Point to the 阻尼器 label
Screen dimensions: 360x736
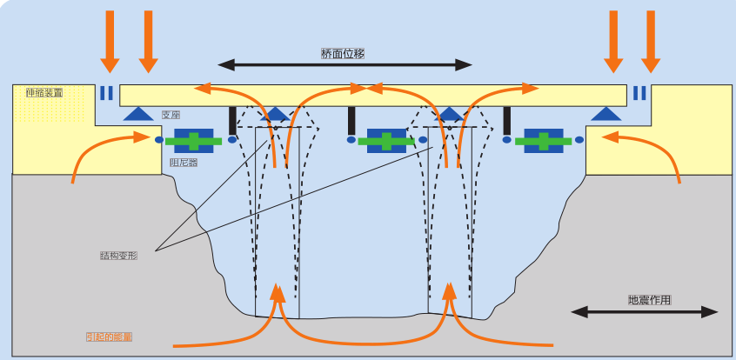183,162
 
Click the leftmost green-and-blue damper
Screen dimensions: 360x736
195,140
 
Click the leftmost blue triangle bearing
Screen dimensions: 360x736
137,113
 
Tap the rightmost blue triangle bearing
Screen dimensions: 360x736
606,113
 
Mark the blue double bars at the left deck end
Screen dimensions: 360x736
106,93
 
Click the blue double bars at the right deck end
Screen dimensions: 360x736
639,93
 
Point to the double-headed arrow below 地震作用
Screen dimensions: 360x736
645,311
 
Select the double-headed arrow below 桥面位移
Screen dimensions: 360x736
345,64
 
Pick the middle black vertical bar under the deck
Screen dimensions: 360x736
351,120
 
